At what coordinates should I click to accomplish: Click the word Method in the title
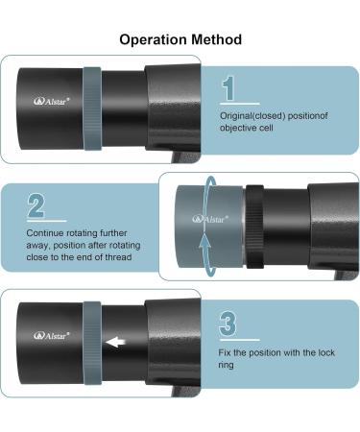215,39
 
